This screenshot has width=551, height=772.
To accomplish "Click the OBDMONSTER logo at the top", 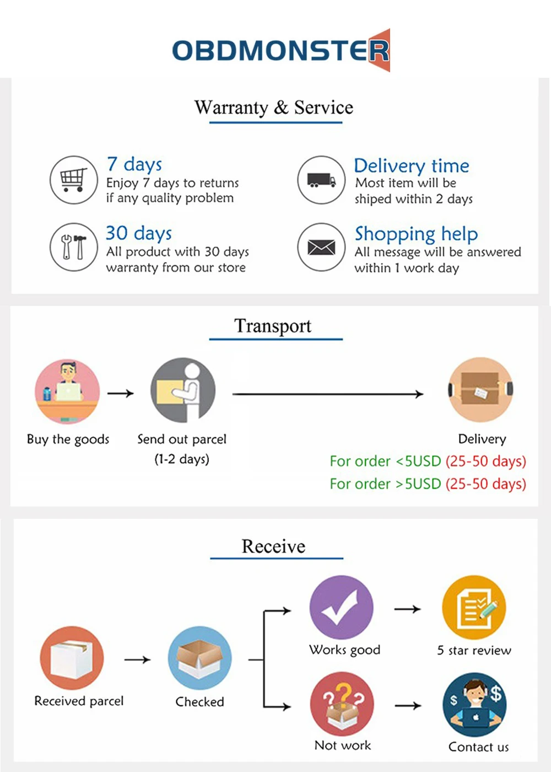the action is pos(281,50).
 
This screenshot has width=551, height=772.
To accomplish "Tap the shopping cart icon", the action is pos(74,180).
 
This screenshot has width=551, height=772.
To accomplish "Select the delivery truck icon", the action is pos(321,180).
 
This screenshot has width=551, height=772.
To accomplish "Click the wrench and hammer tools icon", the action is pos(74,247).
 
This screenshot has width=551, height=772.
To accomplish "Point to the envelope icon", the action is pos(321,247).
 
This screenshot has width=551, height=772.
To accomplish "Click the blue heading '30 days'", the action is pos(139,233).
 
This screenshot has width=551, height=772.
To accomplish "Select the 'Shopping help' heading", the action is pos(416,234).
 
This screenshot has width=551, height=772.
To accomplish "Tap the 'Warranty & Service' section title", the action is pos(274,108).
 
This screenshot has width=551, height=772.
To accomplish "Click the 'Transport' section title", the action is pos(273,326).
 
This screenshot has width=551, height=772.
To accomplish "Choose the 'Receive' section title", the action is pos(273,546).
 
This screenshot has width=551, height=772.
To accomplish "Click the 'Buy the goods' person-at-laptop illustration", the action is pos(67,392).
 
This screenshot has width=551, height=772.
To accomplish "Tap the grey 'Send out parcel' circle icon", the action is pos(183,390).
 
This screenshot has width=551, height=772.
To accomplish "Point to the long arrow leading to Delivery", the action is pos(328,394).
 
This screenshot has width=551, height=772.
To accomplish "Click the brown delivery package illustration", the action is pos(480,390).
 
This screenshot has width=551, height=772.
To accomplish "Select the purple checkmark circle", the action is pos(341,608).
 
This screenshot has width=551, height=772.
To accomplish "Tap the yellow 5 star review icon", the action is pos(474,608).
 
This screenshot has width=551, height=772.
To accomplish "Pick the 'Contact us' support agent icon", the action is pos(474,705).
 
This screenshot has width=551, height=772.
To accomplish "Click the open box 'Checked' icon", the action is pos(199,658).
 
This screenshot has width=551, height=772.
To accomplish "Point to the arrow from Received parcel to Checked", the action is pos(137,660).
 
